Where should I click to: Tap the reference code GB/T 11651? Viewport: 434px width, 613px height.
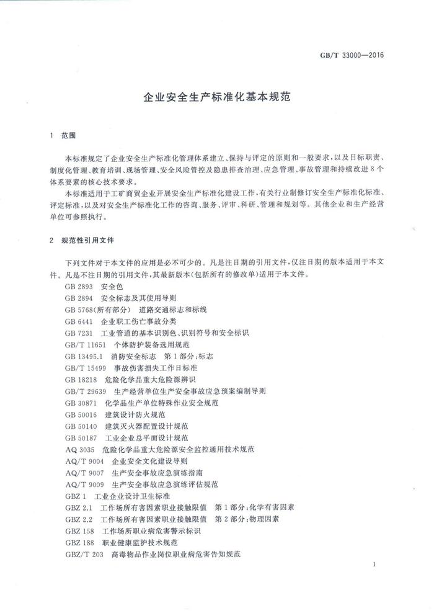86,344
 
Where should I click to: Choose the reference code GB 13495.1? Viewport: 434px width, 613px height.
83,355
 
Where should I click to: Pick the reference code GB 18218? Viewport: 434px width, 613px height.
81,378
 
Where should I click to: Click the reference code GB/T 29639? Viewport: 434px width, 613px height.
86,391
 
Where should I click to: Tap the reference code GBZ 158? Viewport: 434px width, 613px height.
79,531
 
